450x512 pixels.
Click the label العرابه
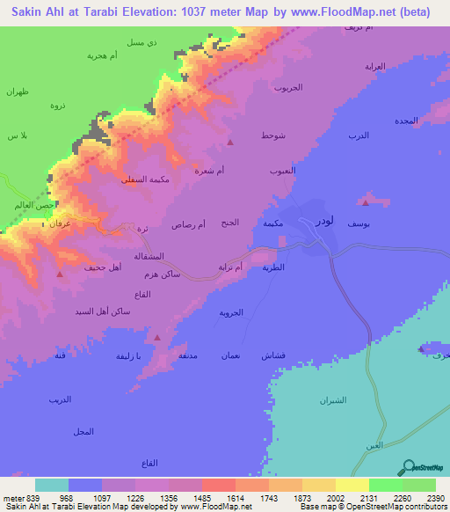tap(375, 67)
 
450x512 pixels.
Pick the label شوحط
tap(272, 136)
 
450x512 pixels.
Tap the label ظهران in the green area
tap(18, 92)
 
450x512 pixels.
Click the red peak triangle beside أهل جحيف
tap(60, 274)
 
